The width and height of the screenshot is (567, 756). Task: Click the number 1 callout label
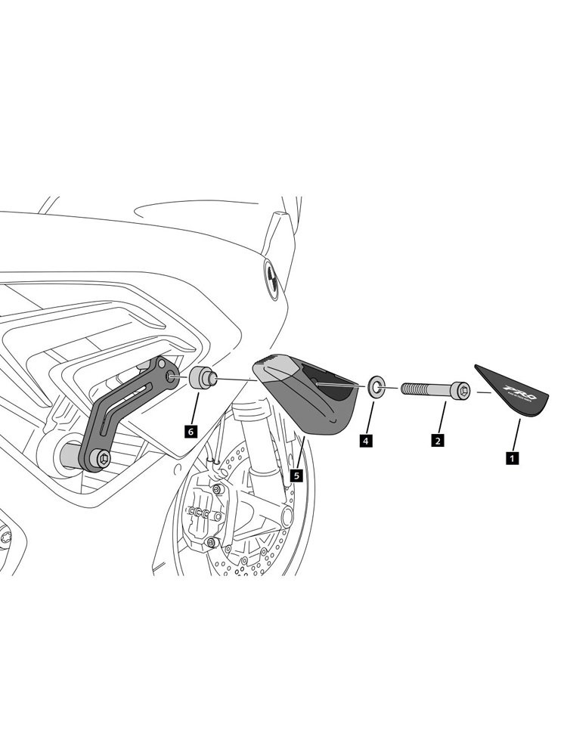(512, 457)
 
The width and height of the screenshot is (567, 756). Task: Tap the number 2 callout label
(437, 438)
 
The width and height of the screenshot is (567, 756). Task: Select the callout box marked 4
(365, 438)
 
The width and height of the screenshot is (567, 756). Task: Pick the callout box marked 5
(296, 476)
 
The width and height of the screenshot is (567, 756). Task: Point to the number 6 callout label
(190, 430)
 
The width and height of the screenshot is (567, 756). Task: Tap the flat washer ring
(376, 388)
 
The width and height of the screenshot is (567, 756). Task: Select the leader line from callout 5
(300, 453)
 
